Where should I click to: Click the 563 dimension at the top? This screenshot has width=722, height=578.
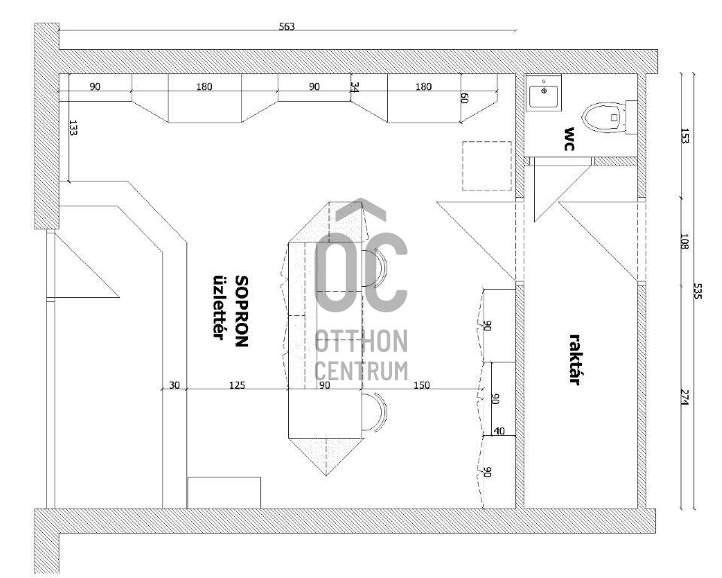[287, 27]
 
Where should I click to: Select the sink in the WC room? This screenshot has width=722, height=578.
[544, 93]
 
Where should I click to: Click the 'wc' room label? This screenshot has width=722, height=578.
[569, 138]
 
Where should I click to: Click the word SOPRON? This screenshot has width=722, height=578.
[241, 311]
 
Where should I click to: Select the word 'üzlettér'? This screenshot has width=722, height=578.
[218, 307]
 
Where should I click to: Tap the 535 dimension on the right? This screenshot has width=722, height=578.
[697, 291]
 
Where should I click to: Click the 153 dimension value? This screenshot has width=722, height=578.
[684, 136]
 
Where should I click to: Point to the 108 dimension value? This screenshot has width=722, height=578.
[684, 242]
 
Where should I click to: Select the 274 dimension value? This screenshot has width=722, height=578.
[684, 398]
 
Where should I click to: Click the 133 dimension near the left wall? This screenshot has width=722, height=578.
[73, 128]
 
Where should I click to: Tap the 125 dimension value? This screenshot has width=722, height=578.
[237, 385]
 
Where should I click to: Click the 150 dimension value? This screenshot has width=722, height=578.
[422, 385]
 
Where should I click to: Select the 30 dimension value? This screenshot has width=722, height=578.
[174, 385]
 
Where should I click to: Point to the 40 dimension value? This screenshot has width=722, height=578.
[499, 431]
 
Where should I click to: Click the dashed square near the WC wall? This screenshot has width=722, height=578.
[487, 166]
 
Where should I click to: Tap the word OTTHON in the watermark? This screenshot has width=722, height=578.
[362, 342]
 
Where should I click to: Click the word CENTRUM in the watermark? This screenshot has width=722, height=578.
[362, 370]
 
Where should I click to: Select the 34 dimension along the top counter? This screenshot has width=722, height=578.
[354, 87]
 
